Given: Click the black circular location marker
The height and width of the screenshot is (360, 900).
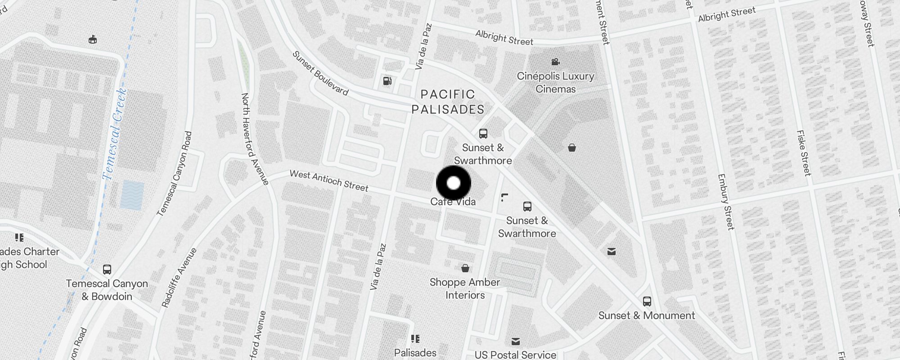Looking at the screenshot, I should (454, 183).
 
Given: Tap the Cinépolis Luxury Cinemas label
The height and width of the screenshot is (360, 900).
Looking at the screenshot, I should (555, 82).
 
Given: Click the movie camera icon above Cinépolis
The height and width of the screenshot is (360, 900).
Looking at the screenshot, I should (555, 62).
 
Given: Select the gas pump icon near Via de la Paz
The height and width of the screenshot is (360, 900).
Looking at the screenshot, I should (387, 81).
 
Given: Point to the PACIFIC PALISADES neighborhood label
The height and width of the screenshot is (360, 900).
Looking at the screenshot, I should (448, 102).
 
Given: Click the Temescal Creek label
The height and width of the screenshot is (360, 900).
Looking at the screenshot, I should (115, 134).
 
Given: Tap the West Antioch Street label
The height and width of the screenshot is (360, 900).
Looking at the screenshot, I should (329, 180).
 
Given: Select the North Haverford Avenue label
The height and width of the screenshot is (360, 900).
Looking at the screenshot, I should (255, 139).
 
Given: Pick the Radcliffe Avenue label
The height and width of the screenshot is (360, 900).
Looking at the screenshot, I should (179, 278).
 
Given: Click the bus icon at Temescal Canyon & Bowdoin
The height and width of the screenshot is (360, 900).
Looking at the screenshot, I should (107, 270).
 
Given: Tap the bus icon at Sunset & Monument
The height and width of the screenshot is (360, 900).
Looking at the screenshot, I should (647, 301).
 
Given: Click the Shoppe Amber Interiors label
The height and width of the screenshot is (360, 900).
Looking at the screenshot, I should (465, 288).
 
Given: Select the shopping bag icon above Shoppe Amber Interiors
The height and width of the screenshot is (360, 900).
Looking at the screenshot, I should (465, 268).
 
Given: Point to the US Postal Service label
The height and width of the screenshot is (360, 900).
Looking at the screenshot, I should (515, 355).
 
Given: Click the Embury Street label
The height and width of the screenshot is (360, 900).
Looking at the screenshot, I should (726, 202).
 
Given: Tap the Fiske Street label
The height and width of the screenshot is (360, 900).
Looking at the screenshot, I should (804, 153).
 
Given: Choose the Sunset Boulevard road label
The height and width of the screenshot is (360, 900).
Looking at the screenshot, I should (320, 73).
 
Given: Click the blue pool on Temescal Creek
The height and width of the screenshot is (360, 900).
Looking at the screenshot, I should (132, 195).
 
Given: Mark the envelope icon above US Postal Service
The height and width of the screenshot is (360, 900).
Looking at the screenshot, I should (516, 342).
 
